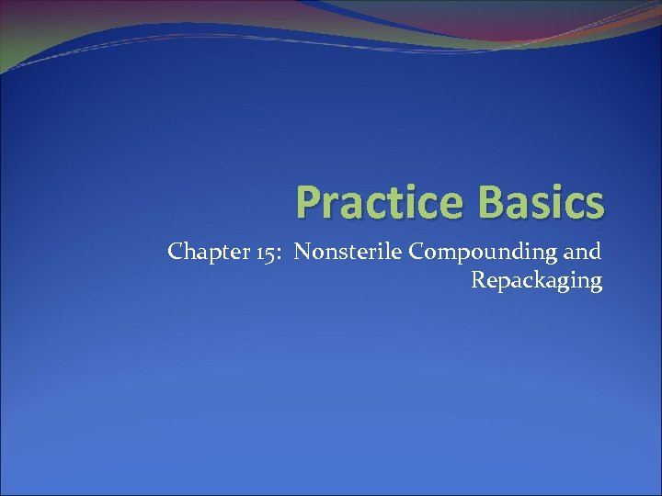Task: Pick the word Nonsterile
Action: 342,251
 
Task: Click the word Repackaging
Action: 537,281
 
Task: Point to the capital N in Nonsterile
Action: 302,251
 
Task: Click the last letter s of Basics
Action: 596,205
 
